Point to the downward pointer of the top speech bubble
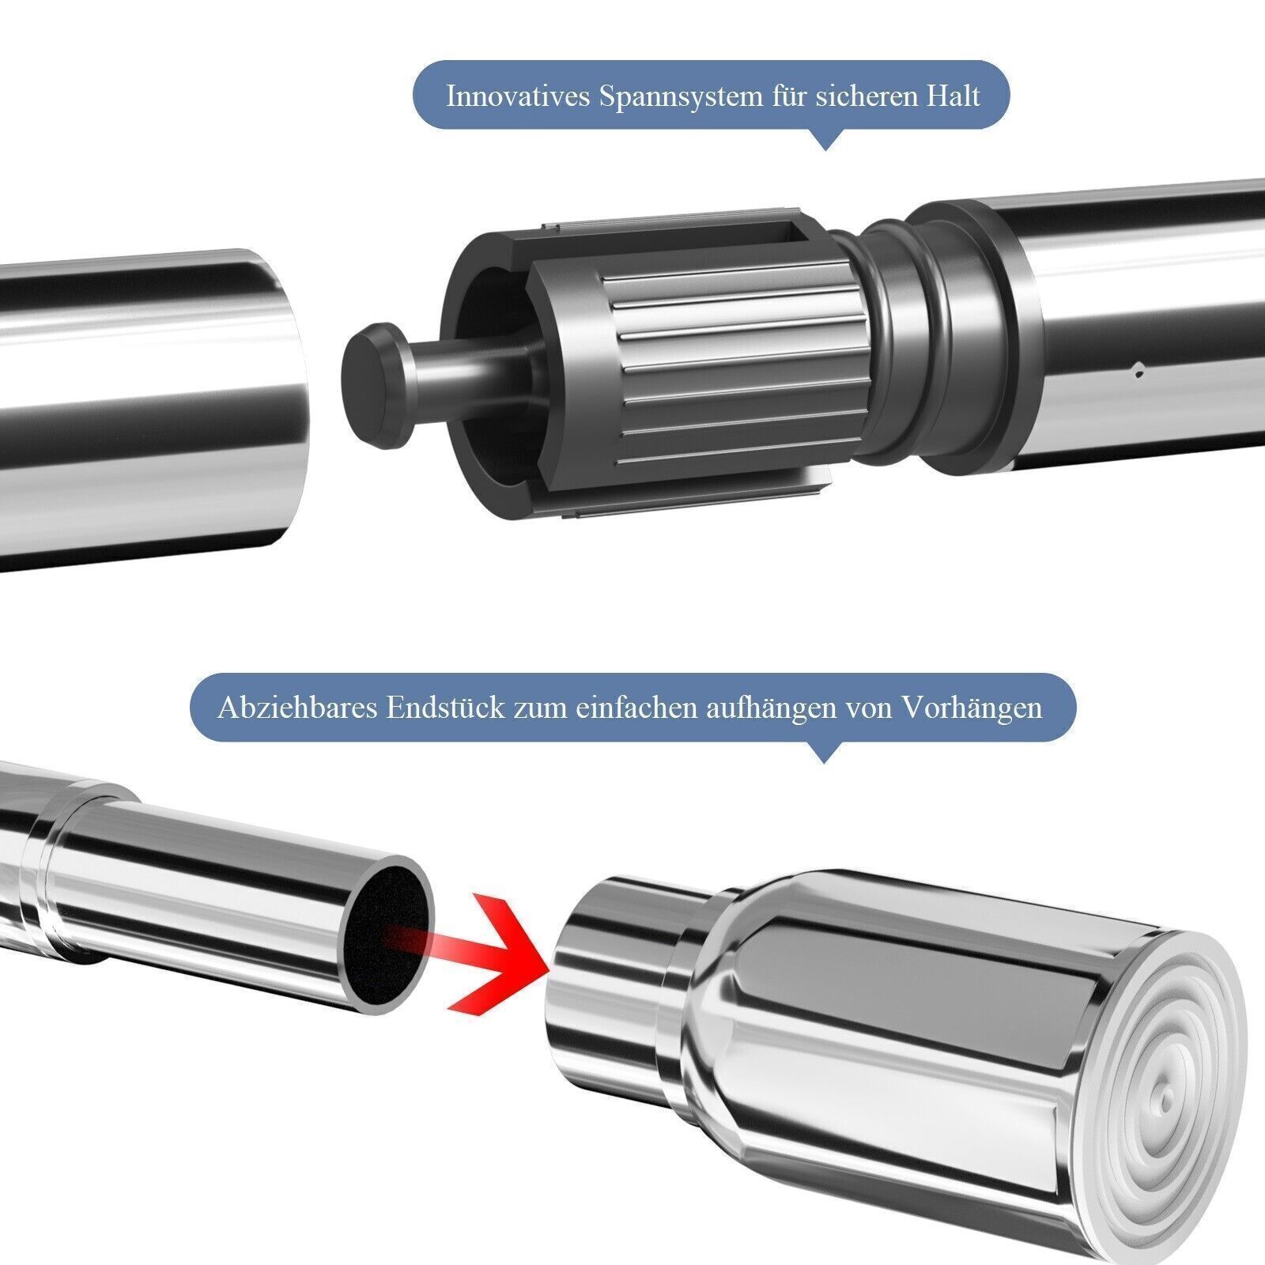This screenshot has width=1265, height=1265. click(x=825, y=138)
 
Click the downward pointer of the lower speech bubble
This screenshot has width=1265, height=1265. click(x=824, y=751)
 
